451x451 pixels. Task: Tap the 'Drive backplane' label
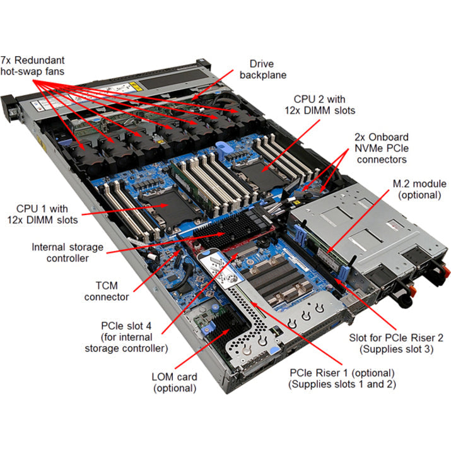pos(267,69)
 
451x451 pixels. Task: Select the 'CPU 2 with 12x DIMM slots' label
pos(324,105)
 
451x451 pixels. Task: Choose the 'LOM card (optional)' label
pos(175,382)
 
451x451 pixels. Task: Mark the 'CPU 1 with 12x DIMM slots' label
pos(49,214)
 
